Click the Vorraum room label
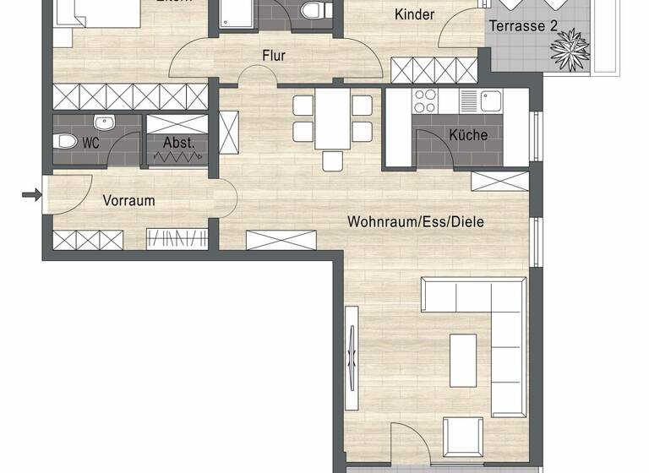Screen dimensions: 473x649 129,201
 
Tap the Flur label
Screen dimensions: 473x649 273,57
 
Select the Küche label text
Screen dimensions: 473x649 468,134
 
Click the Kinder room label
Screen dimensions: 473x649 415,14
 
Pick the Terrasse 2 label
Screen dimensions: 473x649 523,26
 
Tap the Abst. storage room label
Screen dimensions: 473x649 178,143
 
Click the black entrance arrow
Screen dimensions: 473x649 31,196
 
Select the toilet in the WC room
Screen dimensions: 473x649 66,142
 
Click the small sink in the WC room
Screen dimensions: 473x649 104,124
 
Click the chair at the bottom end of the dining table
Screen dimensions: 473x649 333,160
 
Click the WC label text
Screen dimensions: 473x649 90,143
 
